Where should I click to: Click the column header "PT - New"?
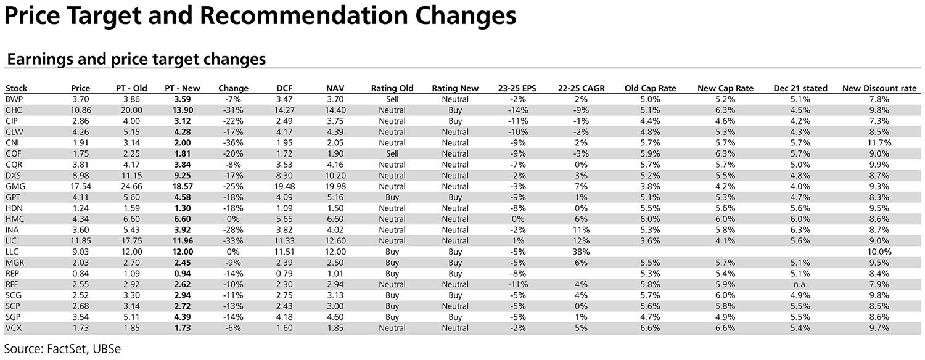pos(182,88)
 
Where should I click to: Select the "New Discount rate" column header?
pos(879,88)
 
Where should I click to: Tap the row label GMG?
pos(15,187)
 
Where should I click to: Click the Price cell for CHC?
pos(81,110)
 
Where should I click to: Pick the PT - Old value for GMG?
pos(131,187)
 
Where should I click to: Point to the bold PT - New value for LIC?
pos(182,241)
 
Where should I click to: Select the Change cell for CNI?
pos(233,143)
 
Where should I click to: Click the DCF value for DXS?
pos(284,176)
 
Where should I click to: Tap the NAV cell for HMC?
pos(335,219)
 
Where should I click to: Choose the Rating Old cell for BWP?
pos(392,99)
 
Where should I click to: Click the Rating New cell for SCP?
pos(455,306)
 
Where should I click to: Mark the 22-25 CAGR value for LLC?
pos(581,252)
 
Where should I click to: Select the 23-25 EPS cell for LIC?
pos(517,241)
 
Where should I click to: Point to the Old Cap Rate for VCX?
pos(650,328)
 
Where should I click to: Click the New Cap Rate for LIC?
pos(725,241)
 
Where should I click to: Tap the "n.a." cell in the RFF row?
pos(800,284)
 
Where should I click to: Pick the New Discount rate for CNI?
pos(879,143)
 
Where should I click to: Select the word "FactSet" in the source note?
pos(67,349)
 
